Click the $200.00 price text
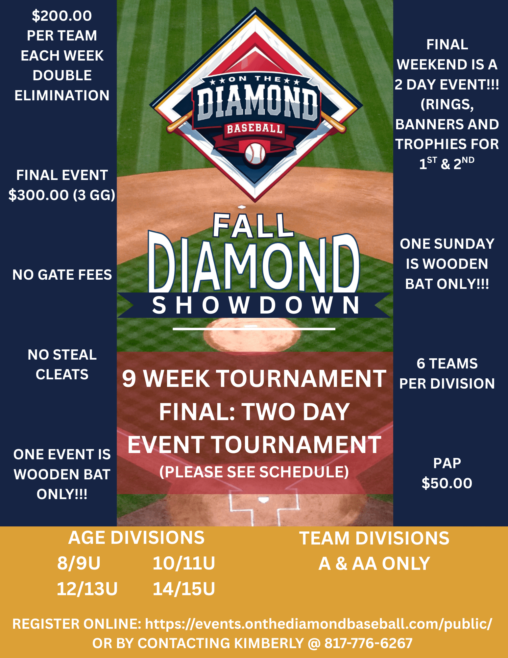(x=62, y=16)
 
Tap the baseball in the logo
(x=255, y=153)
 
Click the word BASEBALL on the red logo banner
(x=254, y=129)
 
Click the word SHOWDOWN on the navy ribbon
(x=256, y=305)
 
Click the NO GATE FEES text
(x=62, y=275)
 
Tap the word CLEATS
(x=62, y=374)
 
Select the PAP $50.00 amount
(x=447, y=483)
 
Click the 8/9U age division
(x=79, y=563)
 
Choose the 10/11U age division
(x=184, y=563)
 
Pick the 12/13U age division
(x=87, y=589)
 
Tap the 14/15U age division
(x=184, y=589)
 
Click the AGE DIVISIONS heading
(x=136, y=538)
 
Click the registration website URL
(x=319, y=624)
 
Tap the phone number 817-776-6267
(x=368, y=643)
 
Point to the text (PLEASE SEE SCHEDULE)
(x=254, y=472)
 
